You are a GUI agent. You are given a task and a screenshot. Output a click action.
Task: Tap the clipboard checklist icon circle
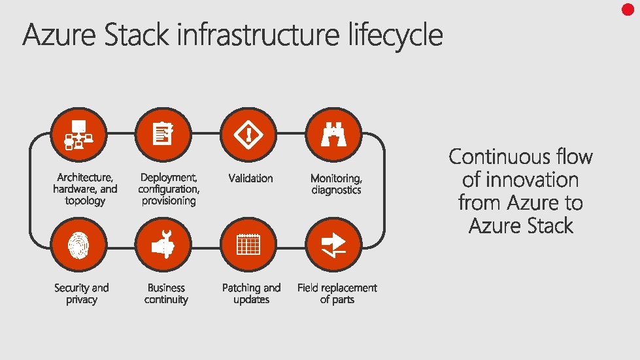[163, 135]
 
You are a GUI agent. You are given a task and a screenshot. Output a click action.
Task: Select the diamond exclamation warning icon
[248, 135]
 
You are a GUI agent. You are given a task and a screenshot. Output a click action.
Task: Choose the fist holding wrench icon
[163, 245]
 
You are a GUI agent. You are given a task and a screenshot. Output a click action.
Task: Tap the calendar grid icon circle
[248, 245]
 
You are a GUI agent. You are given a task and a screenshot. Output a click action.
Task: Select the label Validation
[250, 178]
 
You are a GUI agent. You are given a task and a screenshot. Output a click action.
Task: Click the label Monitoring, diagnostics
[336, 184]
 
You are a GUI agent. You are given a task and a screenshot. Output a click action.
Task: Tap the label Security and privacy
[82, 294]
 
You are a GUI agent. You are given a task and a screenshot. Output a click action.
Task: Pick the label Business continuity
[166, 294]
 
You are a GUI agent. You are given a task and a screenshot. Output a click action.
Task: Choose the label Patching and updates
[252, 294]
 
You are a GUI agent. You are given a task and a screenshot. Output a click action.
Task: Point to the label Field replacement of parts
[337, 294]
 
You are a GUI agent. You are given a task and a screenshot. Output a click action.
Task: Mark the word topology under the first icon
[85, 201]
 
